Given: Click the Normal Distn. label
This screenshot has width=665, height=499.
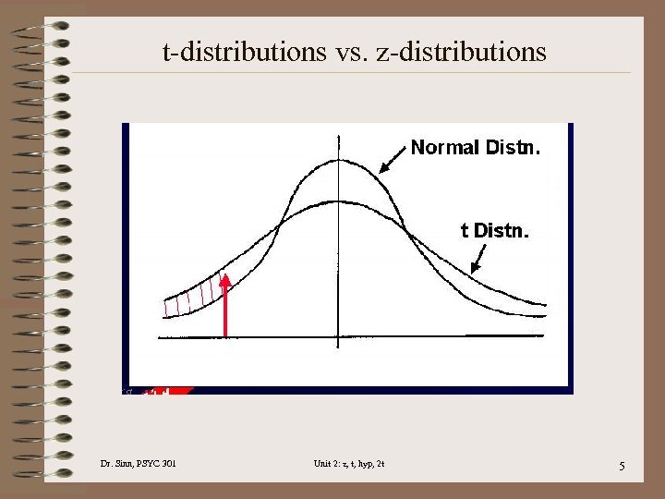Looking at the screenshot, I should click(x=476, y=147).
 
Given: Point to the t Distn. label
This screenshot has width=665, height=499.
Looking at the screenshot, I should click(x=495, y=230).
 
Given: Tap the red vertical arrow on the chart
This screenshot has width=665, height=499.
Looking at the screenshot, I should click(x=224, y=306).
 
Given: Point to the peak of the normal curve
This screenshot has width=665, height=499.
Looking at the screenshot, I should click(x=339, y=160).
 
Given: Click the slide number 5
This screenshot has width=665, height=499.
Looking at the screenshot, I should click(x=622, y=466).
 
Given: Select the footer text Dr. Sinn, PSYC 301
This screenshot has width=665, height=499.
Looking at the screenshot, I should click(x=137, y=463).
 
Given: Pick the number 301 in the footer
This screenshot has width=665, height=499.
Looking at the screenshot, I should click(x=167, y=463).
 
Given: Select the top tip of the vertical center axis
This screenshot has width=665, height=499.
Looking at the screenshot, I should click(x=339, y=137).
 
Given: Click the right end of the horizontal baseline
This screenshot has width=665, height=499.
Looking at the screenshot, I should click(x=543, y=336).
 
